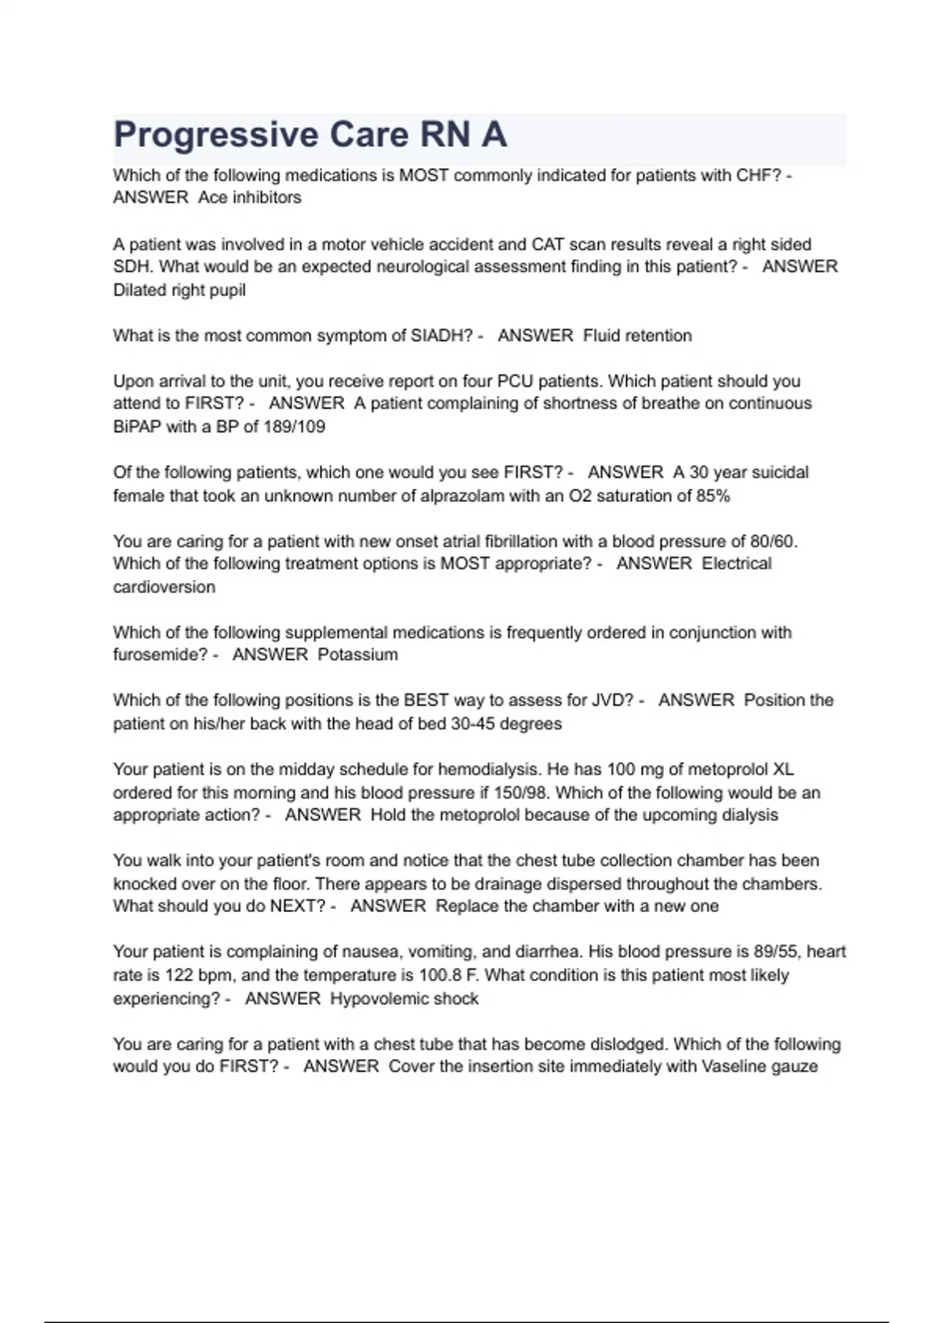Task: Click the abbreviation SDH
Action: [x=133, y=267]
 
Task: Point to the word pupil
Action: [x=228, y=290]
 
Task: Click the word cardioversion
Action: [x=164, y=587]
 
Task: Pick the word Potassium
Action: [x=358, y=654]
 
